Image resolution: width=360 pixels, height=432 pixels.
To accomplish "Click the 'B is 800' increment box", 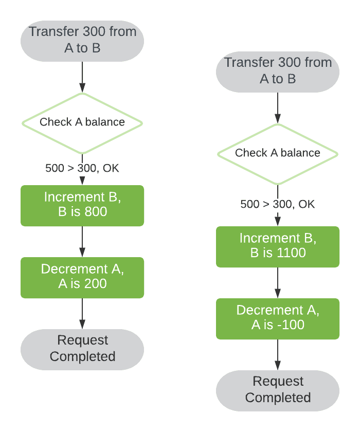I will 82,205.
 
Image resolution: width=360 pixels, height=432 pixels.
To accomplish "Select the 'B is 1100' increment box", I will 278,246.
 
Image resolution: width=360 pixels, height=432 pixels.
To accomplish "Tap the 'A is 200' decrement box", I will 82,277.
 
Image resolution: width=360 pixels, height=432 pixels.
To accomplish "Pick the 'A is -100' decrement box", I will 278,318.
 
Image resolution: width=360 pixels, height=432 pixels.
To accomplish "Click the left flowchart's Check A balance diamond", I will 82,122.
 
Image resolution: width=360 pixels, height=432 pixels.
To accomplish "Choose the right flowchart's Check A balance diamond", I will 278,153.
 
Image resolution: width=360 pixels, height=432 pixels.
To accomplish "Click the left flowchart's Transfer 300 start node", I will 82,40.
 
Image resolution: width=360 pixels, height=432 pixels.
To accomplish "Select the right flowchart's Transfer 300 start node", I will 278,71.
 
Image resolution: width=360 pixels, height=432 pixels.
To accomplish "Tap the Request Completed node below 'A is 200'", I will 82,349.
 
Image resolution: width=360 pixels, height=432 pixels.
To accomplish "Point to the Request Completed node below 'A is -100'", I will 278,390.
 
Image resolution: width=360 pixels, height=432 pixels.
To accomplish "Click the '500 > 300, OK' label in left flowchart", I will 82,168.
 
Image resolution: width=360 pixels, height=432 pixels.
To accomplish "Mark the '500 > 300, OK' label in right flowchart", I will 278,204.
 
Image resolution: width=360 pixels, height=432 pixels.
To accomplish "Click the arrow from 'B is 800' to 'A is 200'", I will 82,241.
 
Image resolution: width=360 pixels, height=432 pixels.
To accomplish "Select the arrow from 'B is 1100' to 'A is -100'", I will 278,282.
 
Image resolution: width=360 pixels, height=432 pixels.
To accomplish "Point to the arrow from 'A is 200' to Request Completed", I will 82,313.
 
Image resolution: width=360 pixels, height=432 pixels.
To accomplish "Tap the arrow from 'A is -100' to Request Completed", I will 278,354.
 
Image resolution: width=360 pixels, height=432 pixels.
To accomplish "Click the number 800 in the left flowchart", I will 96,211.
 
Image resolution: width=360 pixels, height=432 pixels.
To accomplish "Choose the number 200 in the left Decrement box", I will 96,283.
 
